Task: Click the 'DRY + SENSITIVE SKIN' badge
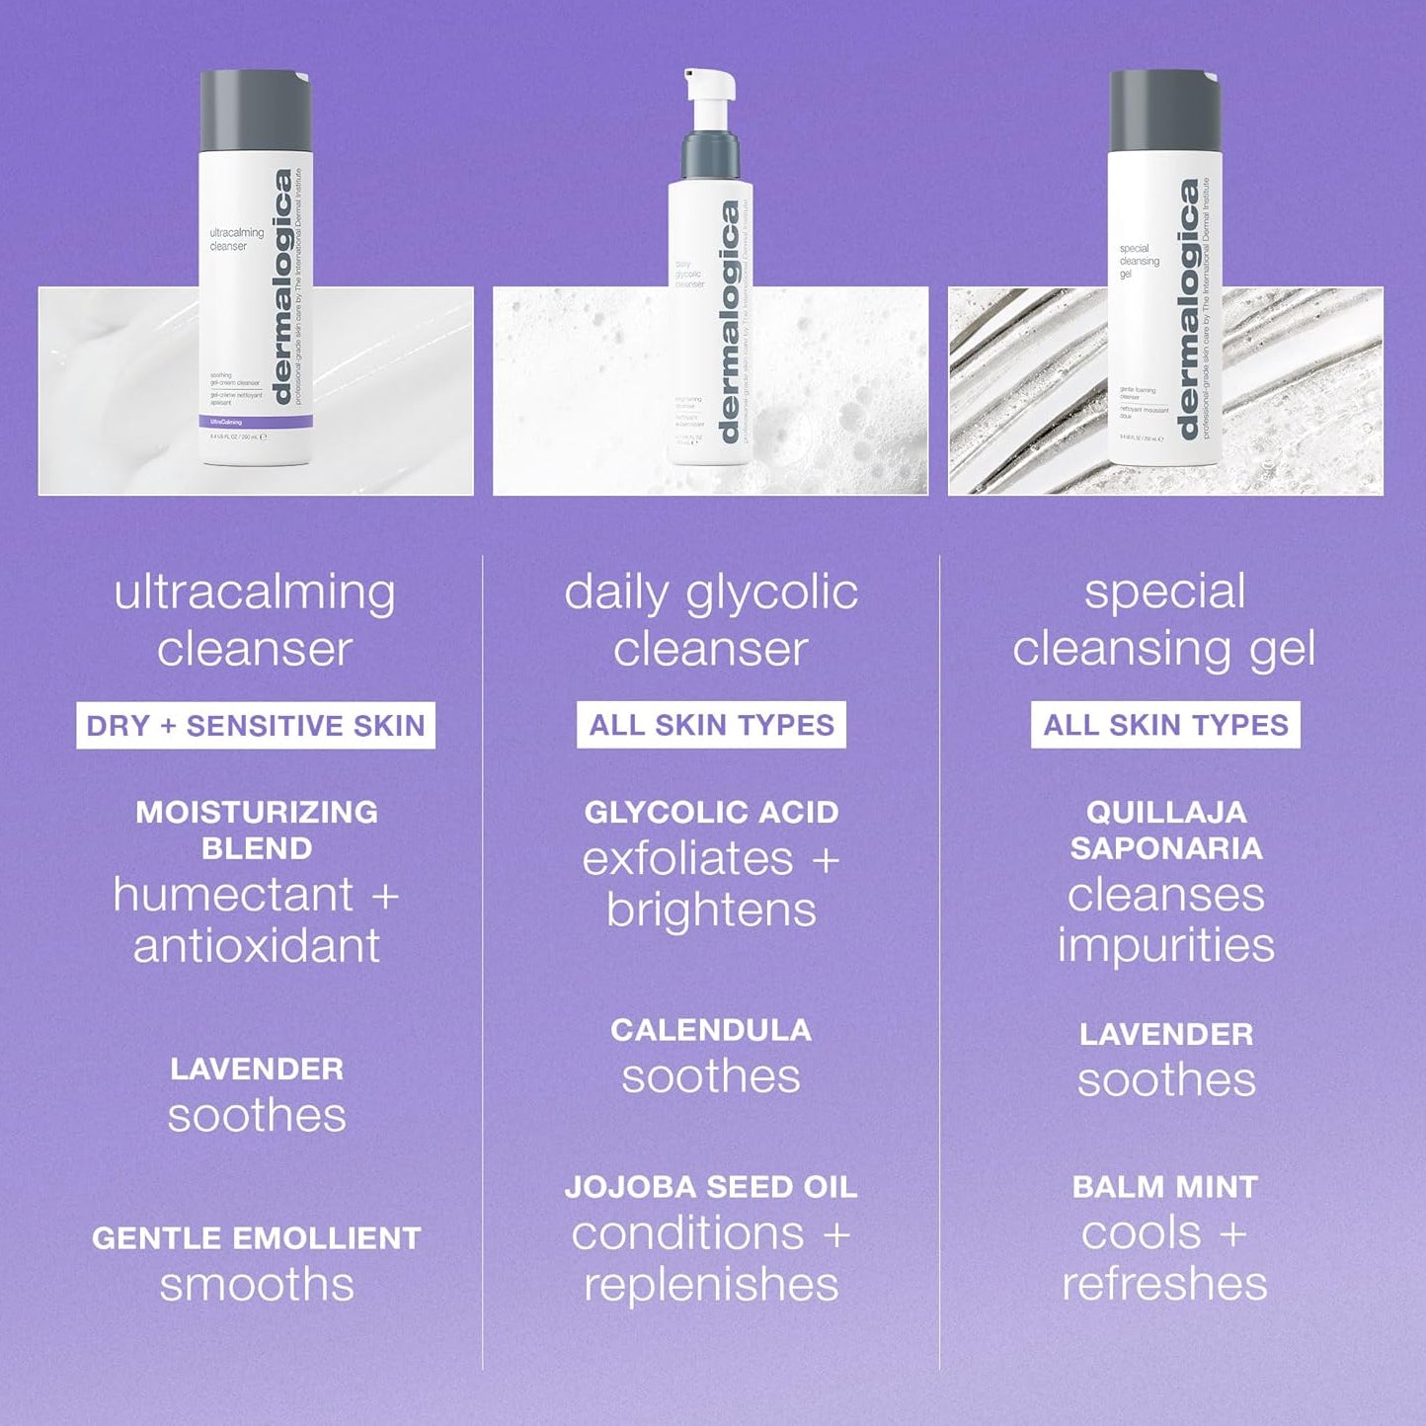(x=255, y=726)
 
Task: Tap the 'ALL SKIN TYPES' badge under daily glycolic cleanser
(x=711, y=725)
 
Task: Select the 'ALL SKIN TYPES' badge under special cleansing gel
(x=1165, y=725)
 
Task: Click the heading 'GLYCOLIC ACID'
(x=711, y=812)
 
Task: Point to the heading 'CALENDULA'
(x=711, y=1029)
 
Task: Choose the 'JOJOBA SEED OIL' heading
(x=711, y=1186)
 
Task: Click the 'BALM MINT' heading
(x=1165, y=1186)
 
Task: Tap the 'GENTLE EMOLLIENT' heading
(x=256, y=1237)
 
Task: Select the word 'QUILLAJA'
(x=1166, y=812)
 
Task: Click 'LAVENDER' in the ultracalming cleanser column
(x=257, y=1069)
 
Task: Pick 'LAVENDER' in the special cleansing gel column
(x=1166, y=1034)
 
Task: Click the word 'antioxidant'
(x=257, y=946)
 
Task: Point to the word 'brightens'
(x=711, y=910)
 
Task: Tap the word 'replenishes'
(x=711, y=1284)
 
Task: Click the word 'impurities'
(x=1166, y=945)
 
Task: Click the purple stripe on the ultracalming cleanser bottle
(x=256, y=422)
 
